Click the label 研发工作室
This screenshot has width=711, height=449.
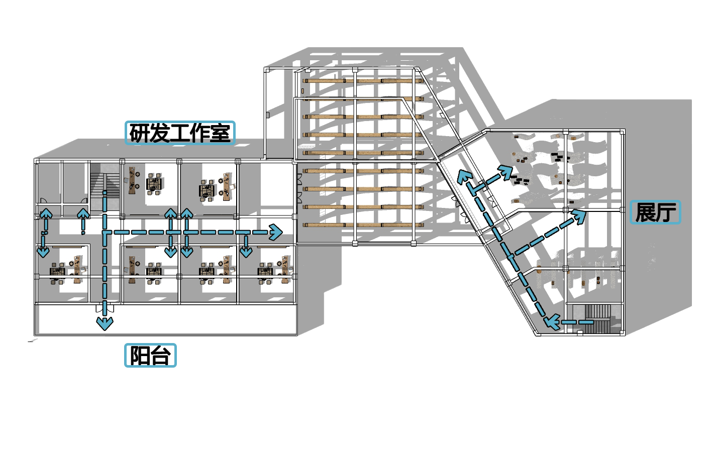click(x=180, y=133)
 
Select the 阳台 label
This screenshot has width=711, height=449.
click(x=150, y=355)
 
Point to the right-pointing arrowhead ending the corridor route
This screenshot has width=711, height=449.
click(x=275, y=232)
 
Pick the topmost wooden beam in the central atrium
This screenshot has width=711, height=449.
click(x=364, y=81)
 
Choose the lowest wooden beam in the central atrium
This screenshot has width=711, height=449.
click(x=364, y=225)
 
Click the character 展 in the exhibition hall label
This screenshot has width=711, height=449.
click(x=645, y=212)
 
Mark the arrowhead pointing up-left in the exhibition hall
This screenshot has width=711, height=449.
click(x=463, y=176)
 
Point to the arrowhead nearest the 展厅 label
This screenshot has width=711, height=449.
click(x=580, y=215)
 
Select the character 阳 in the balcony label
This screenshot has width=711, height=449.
click(x=139, y=355)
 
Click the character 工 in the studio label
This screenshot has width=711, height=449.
click(x=180, y=133)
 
